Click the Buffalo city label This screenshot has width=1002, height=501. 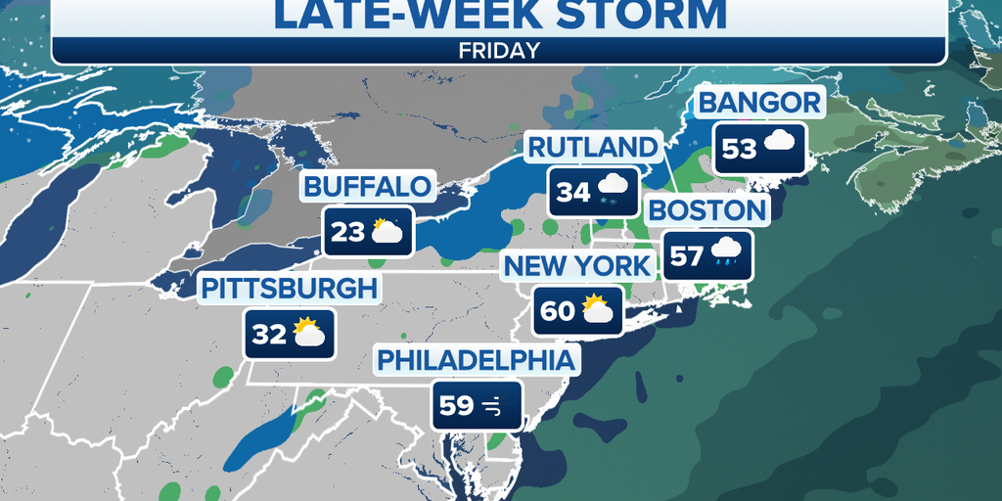click(x=367, y=187)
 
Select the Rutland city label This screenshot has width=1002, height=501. click(x=593, y=148)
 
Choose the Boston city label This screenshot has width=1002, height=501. click(x=706, y=210)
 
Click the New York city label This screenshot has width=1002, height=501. click(x=576, y=266)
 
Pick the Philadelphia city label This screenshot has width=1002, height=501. click(x=477, y=360)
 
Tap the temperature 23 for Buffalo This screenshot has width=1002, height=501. click(x=347, y=232)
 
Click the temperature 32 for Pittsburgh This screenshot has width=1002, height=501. click(x=269, y=335)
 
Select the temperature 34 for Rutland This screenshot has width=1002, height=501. click(x=572, y=192)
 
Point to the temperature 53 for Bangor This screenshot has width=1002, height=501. click(x=740, y=149)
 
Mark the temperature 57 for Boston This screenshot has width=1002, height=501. click(x=687, y=256)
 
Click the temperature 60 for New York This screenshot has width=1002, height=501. click(x=558, y=312)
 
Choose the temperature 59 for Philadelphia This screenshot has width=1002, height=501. click(x=457, y=405)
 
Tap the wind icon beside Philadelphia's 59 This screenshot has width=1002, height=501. click(x=493, y=405)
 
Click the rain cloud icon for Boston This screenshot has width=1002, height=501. click(x=725, y=253)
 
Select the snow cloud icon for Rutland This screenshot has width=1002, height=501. click(x=612, y=190)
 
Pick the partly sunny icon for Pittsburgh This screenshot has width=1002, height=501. click(x=307, y=333)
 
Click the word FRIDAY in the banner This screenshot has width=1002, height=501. click(x=499, y=51)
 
